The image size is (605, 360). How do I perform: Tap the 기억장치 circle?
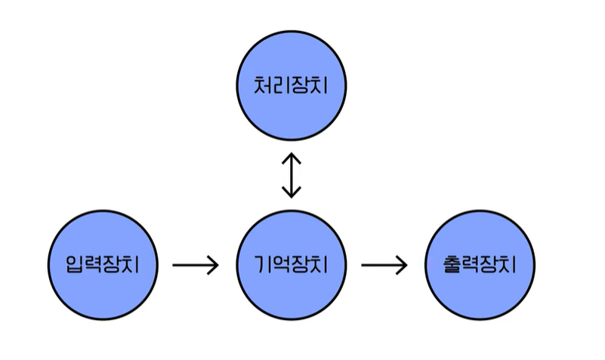291,265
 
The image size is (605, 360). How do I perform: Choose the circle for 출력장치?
480,265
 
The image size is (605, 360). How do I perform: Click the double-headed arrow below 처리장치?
291,174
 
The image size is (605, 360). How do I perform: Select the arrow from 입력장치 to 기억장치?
196,265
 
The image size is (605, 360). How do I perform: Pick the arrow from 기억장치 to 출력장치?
384,265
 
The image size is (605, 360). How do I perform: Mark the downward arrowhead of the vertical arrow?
291,192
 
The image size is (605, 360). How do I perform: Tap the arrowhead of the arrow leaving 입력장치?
214,265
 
